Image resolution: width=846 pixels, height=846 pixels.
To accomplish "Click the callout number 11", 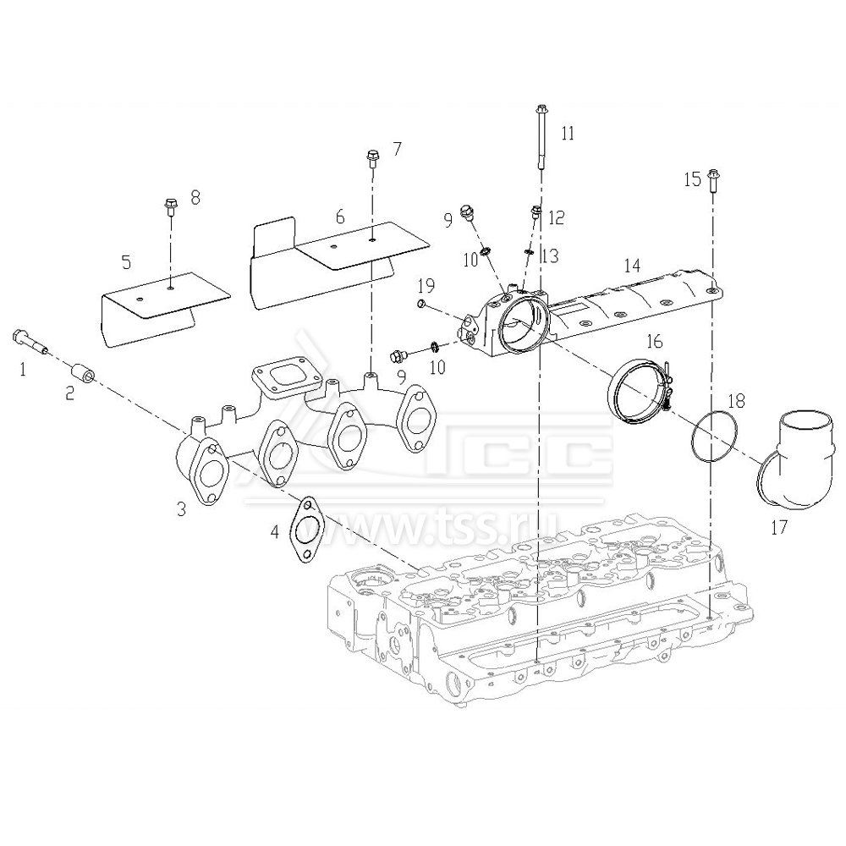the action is pyautogui.click(x=568, y=133).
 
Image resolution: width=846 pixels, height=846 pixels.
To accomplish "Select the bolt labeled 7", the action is pyautogui.click(x=371, y=158).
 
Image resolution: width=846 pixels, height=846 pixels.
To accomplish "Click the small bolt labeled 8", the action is pyautogui.click(x=170, y=206).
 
